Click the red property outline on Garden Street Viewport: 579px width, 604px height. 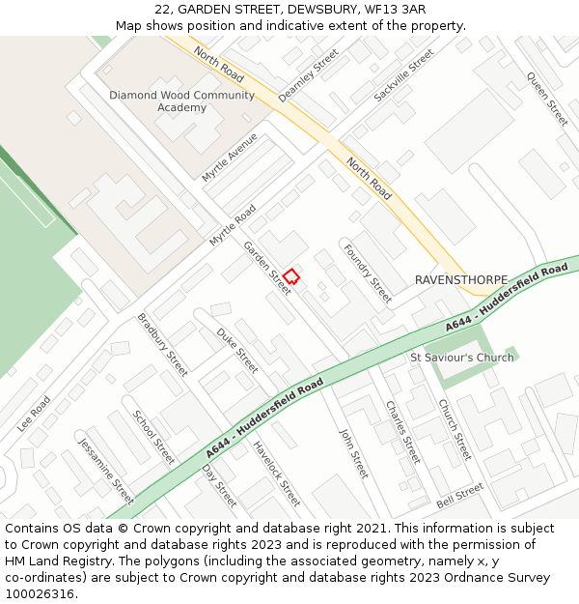point(290,276)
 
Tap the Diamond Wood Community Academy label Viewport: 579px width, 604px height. point(181,101)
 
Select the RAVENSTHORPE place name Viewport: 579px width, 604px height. point(461,279)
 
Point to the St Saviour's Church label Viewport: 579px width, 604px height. point(462,358)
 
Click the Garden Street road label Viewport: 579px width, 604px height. point(267,267)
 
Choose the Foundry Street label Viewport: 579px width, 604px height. point(368,273)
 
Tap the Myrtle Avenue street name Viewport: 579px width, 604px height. point(230,157)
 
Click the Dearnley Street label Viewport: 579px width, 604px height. point(309,76)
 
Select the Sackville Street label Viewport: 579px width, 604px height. point(404,75)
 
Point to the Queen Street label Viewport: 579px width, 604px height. point(547,100)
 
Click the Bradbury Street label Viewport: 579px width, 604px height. point(162,344)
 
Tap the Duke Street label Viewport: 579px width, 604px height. point(237,351)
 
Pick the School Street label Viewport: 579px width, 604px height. point(154,437)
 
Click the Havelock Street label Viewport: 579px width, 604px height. point(277,474)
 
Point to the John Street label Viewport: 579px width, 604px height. point(354,451)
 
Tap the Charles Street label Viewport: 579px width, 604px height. point(402,431)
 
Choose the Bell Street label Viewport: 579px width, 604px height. point(459,497)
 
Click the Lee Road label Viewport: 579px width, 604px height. point(34,413)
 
